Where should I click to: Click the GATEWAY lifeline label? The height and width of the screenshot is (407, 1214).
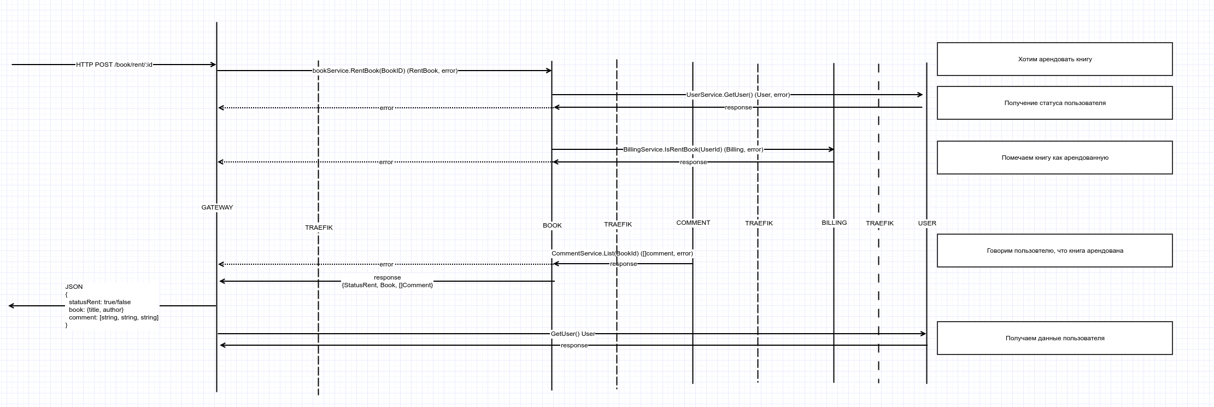pos(217,207)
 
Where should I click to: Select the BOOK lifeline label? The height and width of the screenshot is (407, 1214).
pos(552,225)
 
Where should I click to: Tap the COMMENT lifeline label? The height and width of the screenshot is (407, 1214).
pos(693,223)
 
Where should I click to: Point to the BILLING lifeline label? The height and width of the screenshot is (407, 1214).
pos(834,223)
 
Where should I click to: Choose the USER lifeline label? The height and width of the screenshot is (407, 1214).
pos(927,223)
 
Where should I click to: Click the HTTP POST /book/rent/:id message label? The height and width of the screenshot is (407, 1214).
pos(114,65)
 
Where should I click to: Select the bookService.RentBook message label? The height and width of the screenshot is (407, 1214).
pos(385,71)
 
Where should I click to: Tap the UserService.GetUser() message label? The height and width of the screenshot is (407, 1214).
pos(738,95)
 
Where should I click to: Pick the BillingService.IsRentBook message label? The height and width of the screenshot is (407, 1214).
pos(693,149)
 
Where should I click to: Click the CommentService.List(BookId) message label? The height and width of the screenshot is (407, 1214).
pos(622,253)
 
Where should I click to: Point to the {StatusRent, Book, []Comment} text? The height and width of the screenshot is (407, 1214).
pos(387,285)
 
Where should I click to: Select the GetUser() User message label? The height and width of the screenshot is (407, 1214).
pos(573,334)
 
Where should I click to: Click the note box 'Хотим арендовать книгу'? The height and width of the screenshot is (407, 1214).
pos(1054,59)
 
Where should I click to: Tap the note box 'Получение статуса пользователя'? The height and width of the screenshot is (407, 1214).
pos(1054,103)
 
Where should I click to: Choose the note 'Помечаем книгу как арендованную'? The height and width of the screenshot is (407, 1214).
pos(1054,158)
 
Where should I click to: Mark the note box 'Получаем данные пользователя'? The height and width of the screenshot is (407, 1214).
pos(1054,338)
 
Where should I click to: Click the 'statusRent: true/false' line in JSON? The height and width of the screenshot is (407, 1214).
pos(99,302)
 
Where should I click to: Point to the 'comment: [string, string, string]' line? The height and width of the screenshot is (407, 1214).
pos(113,317)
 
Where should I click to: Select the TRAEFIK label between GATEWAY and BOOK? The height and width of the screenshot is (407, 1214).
pos(319,228)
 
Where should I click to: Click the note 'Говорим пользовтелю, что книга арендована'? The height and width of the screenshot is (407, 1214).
pos(1054,251)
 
